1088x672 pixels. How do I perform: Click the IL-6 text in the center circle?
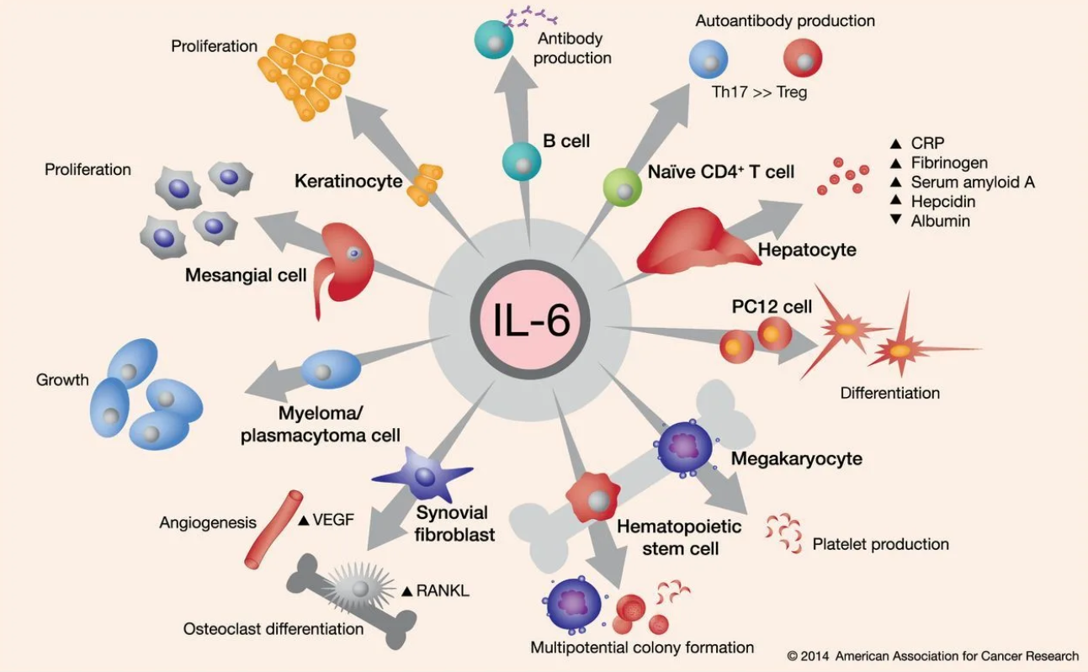[530, 322]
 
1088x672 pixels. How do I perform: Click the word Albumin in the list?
[940, 221]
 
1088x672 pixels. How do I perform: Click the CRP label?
[927, 144]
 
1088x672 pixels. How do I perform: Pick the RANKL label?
[443, 591]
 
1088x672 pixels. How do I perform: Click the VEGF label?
[333, 520]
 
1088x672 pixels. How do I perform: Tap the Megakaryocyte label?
[796, 459]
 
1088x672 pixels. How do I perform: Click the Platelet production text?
[880, 544]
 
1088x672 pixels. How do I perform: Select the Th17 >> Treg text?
[759, 93]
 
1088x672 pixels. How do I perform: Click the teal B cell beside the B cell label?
[521, 161]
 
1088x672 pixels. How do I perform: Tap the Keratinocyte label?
[348, 181]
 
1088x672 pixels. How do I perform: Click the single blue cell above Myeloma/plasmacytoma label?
[331, 370]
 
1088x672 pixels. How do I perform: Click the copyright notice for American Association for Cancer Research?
[932, 655]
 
